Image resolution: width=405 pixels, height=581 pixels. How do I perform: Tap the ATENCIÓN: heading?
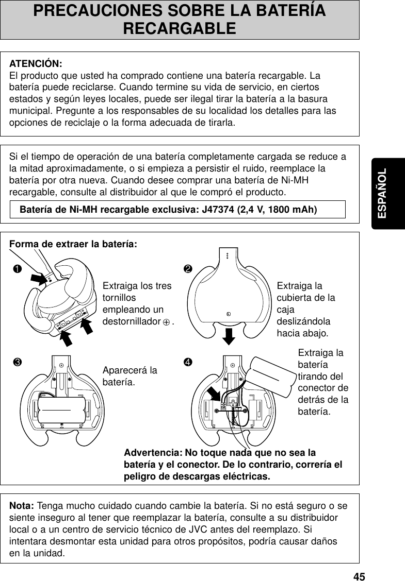[36, 64]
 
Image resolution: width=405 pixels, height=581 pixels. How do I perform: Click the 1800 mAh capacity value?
[290, 210]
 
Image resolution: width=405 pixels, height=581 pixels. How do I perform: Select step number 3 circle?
[18, 360]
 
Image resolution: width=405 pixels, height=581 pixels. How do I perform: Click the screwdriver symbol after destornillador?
[166, 322]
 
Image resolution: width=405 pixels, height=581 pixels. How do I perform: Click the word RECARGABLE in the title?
[180, 28]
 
